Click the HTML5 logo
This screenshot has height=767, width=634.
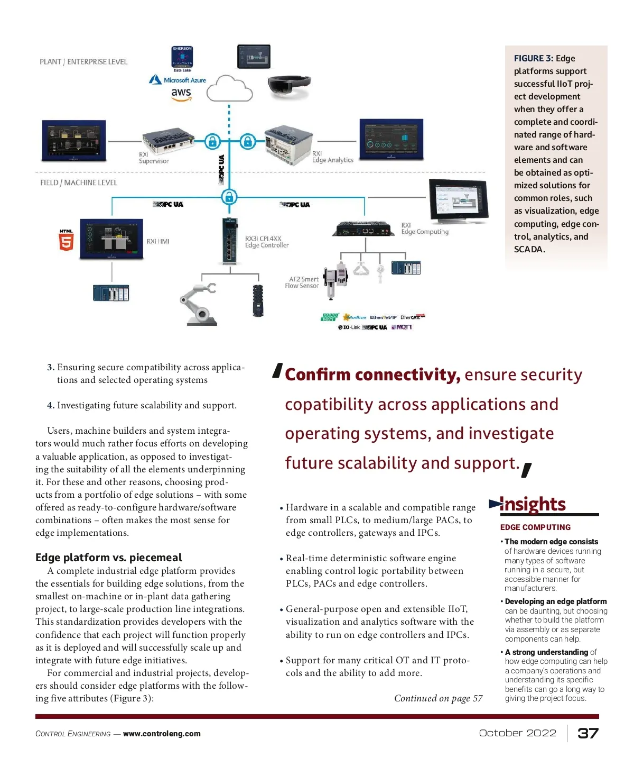[66, 241]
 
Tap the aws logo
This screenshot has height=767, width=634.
[181, 94]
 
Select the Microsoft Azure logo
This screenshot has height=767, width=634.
[178, 80]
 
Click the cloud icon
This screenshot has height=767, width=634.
[229, 88]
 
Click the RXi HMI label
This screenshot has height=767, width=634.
[158, 242]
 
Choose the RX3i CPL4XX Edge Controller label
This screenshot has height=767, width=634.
[267, 242]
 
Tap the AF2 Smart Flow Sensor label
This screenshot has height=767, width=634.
[302, 282]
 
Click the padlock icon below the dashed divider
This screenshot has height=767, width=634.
[229, 197]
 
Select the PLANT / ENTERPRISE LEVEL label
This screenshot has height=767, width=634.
[83, 62]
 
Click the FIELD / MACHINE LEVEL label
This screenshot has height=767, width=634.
[79, 182]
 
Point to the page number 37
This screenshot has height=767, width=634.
[588, 733]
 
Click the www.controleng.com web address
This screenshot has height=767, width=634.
[162, 734]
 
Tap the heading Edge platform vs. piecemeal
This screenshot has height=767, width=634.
[108, 558]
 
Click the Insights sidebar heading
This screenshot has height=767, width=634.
[533, 505]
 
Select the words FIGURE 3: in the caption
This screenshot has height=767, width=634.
[534, 59]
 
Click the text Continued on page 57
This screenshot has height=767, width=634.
[438, 698]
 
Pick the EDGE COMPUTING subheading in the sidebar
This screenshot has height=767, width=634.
[535, 527]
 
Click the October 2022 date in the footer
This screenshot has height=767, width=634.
[517, 733]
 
